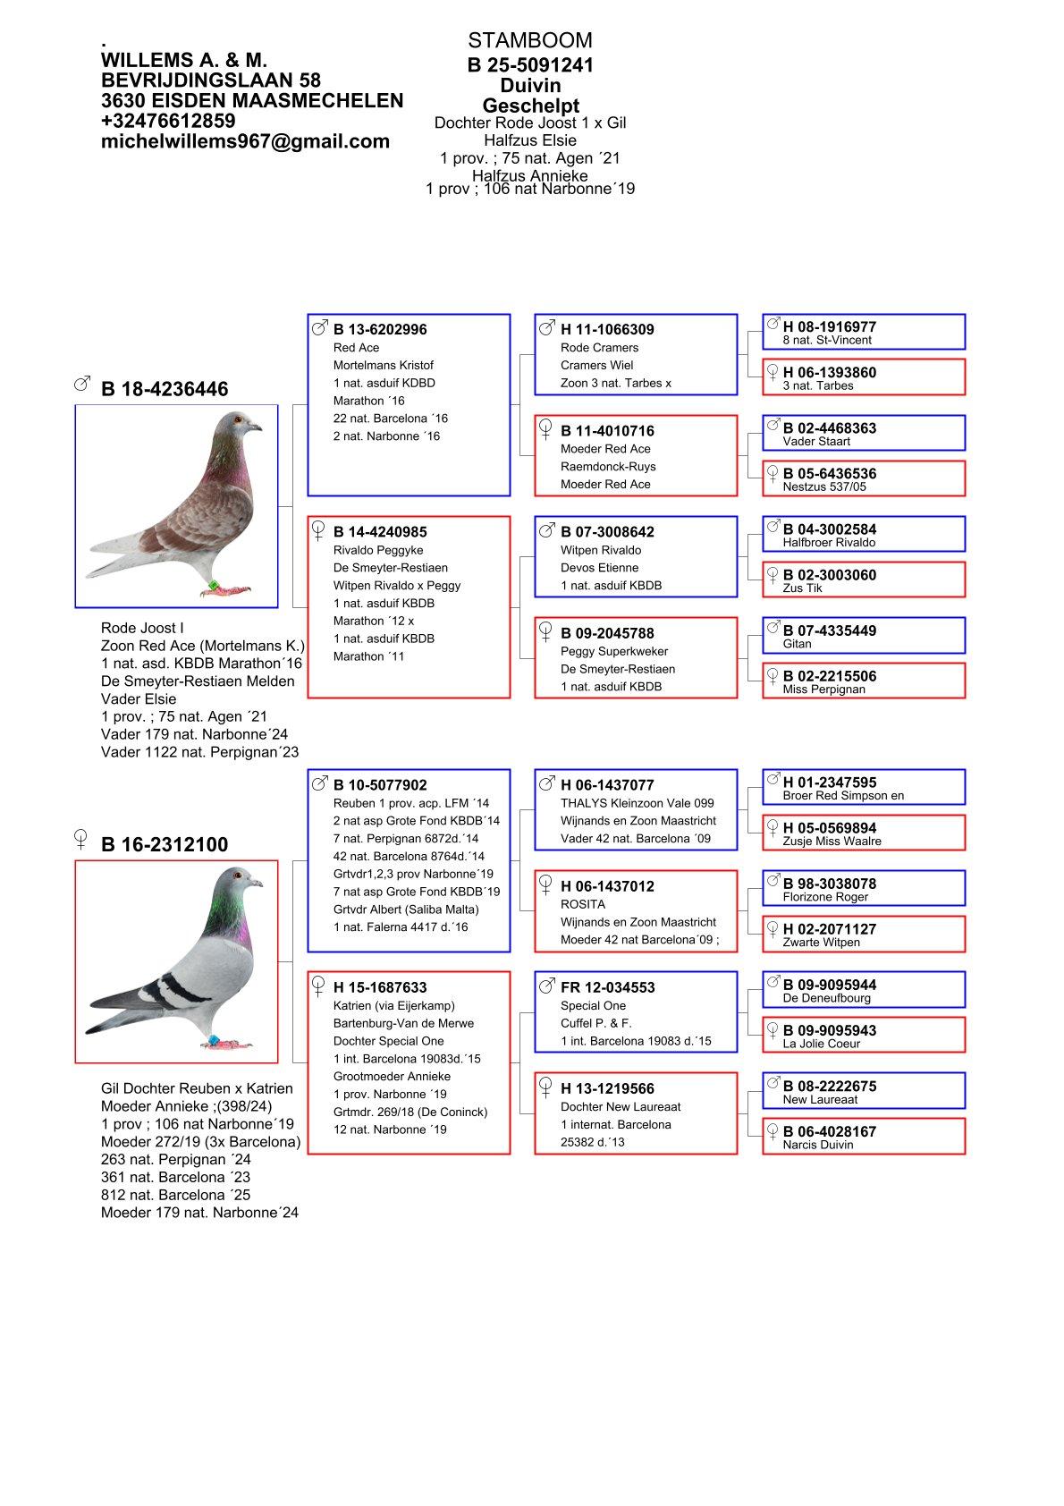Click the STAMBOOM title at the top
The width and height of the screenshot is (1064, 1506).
529,40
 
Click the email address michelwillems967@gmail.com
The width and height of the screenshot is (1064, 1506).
245,141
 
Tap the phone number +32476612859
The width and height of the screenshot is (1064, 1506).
168,121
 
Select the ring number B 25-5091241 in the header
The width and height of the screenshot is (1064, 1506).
530,65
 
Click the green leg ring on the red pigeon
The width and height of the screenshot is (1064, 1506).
215,586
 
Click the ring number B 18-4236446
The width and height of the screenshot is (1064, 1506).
165,389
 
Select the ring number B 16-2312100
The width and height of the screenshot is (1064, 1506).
165,845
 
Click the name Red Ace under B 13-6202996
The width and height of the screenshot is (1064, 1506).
356,348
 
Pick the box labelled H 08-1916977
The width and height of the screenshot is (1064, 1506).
864,332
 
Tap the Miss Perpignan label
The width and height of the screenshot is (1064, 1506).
823,690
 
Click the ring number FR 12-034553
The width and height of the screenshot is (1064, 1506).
607,987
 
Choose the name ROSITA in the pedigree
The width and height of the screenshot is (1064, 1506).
583,904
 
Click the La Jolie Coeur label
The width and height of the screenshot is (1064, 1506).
821,1044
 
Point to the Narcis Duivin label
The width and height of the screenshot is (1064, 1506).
817,1145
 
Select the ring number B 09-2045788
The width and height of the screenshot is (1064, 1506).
607,633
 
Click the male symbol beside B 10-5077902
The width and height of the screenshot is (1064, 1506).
319,783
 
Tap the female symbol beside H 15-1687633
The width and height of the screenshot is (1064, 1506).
317,986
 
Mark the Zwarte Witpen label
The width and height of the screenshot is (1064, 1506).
821,943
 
